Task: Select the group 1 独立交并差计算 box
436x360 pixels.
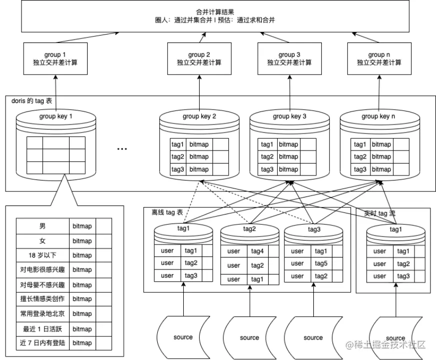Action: pos(56,58)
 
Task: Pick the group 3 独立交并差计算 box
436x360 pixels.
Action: pos(289,58)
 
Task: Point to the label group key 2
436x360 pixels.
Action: pos(199,116)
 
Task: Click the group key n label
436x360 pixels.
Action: pos(379,116)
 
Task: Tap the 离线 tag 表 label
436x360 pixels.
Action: pos(167,212)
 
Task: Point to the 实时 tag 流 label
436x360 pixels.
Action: pos(379,212)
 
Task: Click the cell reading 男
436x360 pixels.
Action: pos(42,226)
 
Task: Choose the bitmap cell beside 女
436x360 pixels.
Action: pos(82,241)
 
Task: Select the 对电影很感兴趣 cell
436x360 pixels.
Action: pos(42,270)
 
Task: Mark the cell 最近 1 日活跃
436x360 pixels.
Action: pos(42,328)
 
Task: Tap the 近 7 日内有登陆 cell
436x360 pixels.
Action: pos(42,343)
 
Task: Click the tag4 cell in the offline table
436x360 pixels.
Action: pos(257,251)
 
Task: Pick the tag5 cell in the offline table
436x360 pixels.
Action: pos(321,263)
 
